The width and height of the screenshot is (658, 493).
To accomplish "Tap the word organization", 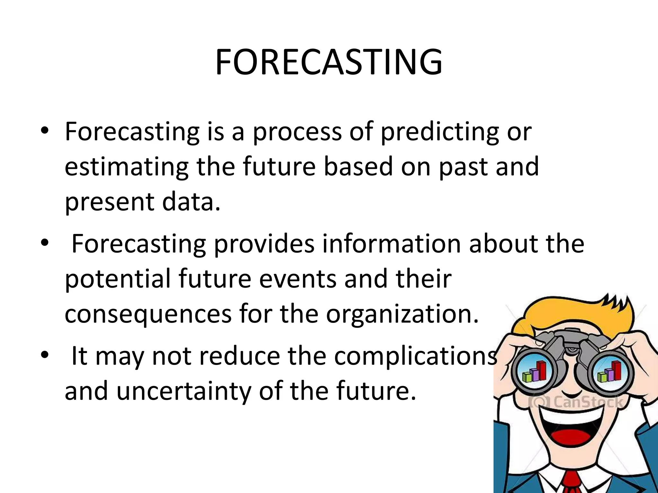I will tap(402, 315).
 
